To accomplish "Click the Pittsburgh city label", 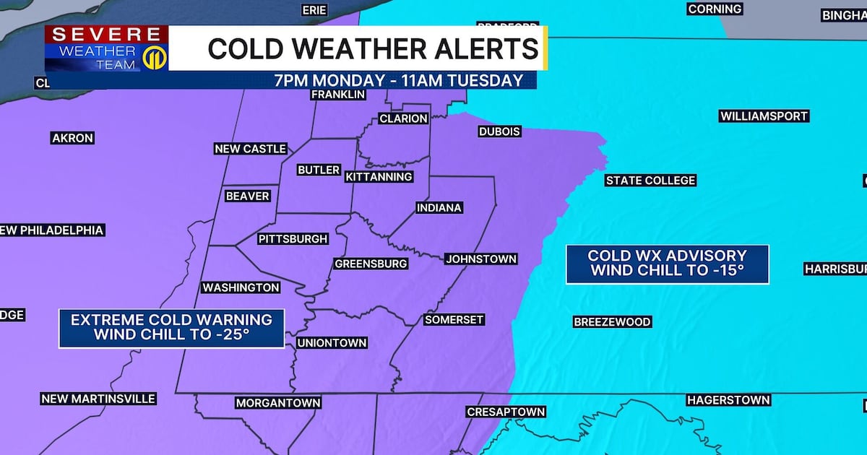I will point(293,239).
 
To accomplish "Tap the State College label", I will point(650,181).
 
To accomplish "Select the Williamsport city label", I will point(764,116).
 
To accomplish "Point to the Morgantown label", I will point(278,403).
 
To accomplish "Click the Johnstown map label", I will point(480,259).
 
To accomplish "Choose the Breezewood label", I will point(612,322).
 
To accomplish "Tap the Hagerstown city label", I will point(728,400).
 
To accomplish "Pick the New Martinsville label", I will point(98,399).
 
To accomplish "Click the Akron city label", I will point(72,138).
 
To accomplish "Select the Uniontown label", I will point(332,343).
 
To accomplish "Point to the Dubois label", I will point(499,131).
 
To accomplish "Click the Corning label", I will point(715,9).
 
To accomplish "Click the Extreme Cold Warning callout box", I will point(172,328).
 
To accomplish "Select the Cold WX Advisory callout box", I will point(667,264).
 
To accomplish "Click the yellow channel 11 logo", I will point(155,58).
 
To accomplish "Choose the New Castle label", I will point(251,149).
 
